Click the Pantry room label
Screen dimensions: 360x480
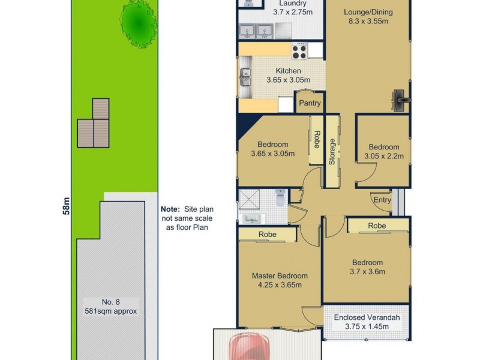(x=310, y=103)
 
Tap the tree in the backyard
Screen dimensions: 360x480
(x=139, y=23)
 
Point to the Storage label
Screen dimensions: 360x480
(x=331, y=152)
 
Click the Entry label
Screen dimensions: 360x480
(x=382, y=200)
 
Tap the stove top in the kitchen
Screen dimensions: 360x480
(x=299, y=52)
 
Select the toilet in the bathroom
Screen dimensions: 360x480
(x=280, y=197)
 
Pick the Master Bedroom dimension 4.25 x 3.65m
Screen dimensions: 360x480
(x=279, y=285)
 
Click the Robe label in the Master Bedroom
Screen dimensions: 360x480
(x=267, y=235)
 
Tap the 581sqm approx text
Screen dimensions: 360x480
(x=111, y=311)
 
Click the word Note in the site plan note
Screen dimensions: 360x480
(x=171, y=209)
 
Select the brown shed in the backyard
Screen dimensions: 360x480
(x=94, y=124)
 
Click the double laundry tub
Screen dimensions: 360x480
(x=257, y=31)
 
